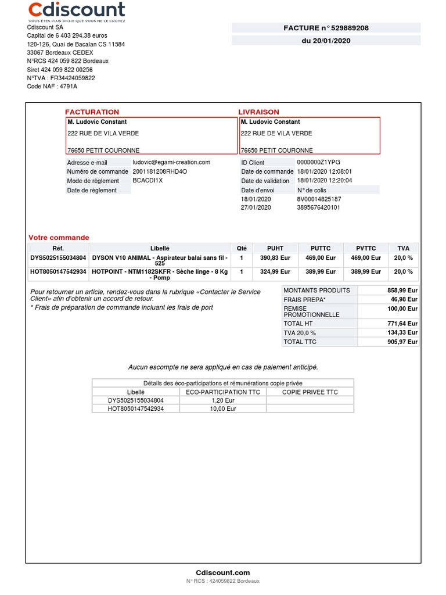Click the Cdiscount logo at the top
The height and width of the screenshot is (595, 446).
(77, 11)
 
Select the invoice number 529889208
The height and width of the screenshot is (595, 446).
(346, 28)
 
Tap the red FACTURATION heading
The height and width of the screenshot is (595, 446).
(92, 112)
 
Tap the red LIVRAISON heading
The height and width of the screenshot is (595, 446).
(258, 112)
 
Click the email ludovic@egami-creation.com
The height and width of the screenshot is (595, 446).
(171, 162)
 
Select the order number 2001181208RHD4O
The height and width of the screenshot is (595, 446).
(160, 171)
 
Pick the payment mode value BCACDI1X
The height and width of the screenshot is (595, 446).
(148, 181)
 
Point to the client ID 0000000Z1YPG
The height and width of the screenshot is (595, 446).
(318, 163)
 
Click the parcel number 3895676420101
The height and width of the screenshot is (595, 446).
(318, 207)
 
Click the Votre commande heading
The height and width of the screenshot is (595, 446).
(59, 238)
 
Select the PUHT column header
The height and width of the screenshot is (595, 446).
(275, 248)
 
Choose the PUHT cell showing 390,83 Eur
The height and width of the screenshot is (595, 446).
(275, 257)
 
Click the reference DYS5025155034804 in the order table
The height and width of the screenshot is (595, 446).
(58, 257)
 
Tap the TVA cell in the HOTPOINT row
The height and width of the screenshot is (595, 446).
(403, 271)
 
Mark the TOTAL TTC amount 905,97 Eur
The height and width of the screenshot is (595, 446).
(403, 342)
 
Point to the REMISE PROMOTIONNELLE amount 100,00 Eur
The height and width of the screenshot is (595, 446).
(403, 309)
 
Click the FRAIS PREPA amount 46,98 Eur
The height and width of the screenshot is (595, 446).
(405, 299)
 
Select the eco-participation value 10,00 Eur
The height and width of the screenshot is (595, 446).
(223, 408)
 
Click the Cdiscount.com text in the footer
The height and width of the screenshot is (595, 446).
(223, 572)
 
